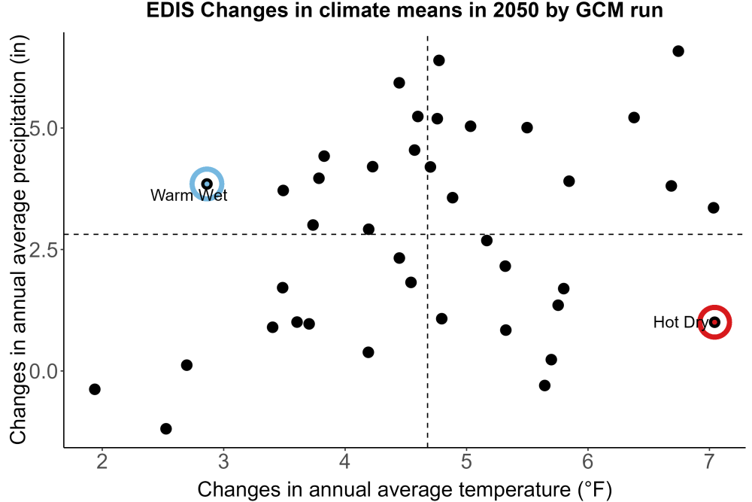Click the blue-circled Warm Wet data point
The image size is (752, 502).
pos(207,184)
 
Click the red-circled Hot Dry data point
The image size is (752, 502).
pos(714,322)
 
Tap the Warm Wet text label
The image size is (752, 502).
pos(189,196)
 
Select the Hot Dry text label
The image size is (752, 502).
pos(680,322)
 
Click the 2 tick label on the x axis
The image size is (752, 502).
pos(102,462)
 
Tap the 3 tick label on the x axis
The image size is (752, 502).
pos(223,462)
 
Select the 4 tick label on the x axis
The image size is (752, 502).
pos(345,462)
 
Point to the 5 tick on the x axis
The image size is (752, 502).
pos(466,462)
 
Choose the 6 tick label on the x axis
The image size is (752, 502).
pos(588,462)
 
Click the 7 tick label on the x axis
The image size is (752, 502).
pos(709,462)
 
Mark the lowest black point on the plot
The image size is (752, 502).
pos(166,428)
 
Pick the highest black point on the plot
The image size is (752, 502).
pos(678,51)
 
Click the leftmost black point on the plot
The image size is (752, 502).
pos(95,389)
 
